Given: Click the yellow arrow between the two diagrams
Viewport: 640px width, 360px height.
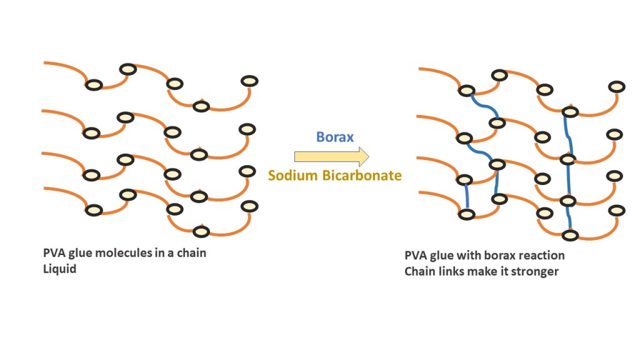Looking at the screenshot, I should pos(331,156).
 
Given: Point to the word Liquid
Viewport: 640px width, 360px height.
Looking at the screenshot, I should pos(59,270).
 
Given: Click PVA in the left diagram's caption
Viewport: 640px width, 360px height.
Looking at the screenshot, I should pos(54,254).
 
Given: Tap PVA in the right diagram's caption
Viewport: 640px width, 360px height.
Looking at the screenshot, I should pos(417,256).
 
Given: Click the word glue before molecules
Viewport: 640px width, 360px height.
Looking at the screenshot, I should pos(84,254).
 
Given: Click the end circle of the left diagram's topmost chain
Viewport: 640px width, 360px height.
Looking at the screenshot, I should pos(249,81).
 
